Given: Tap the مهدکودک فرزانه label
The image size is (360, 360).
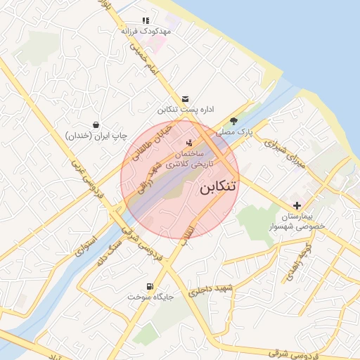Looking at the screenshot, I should point(146,32).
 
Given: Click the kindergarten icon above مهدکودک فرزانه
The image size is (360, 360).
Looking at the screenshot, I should point(146,21).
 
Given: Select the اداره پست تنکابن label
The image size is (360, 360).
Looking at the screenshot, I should point(184,110).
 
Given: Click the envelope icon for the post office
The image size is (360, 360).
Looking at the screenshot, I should point(184,99).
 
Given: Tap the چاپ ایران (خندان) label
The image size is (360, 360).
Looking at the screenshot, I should point(96,134).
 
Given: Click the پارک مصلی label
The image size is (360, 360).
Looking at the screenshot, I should point(233,131).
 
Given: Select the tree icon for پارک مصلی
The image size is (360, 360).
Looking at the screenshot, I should point(234,121).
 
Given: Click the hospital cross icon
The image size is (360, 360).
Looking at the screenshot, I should point(298,206).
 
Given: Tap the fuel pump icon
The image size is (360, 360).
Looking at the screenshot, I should point(150,286).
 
